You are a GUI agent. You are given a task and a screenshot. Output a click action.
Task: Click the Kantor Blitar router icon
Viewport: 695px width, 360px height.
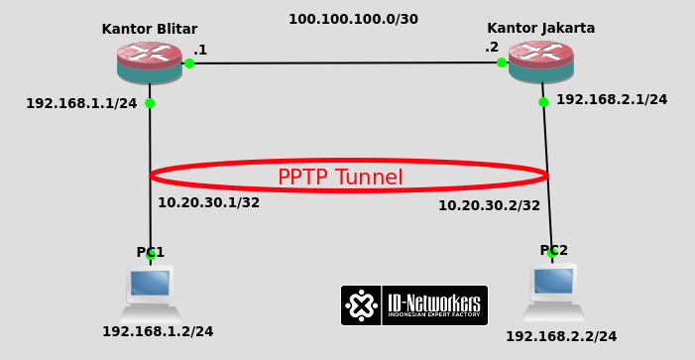tap(149, 61)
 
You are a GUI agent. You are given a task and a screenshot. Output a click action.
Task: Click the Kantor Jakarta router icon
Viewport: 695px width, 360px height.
tap(540, 61)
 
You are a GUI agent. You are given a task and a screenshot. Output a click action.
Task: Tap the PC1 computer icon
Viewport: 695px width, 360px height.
tap(150, 285)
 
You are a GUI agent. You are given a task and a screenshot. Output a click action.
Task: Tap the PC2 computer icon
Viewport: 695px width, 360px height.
tap(552, 284)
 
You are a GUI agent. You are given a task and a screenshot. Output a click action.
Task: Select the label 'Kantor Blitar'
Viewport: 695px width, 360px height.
tap(150, 29)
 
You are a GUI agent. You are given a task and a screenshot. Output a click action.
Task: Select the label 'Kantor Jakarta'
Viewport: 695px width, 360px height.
tap(540, 28)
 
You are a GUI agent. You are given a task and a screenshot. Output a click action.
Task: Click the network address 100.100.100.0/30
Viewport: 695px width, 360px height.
tap(353, 19)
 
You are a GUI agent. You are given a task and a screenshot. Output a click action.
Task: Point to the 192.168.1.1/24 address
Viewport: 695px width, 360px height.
tap(81, 103)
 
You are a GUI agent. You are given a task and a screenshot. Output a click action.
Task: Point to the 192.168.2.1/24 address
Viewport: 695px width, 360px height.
tap(612, 99)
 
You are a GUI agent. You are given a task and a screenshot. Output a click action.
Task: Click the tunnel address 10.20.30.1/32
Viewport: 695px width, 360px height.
tap(208, 202)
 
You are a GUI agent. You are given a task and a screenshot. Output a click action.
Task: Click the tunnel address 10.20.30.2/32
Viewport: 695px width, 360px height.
tap(489, 205)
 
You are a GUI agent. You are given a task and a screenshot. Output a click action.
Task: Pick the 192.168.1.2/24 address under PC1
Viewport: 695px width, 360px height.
tap(158, 331)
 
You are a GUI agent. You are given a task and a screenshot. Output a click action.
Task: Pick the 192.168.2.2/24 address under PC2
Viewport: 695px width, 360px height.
tap(561, 336)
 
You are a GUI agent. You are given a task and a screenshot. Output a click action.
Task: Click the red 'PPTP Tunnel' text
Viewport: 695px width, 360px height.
tap(340, 178)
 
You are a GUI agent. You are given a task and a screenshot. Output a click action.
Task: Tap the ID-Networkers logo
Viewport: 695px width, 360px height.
tap(414, 305)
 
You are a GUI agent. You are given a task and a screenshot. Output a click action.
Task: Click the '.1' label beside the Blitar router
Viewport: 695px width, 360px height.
tap(200, 50)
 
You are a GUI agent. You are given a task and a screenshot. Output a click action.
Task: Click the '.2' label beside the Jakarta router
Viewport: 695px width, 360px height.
tap(492, 47)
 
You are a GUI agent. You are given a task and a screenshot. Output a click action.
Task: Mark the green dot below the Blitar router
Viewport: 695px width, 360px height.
tap(150, 103)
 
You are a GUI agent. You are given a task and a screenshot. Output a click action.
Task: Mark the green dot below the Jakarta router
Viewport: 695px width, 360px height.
tap(543, 101)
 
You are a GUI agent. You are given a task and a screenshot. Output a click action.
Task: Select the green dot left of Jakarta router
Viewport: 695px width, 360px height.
tap(502, 62)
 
